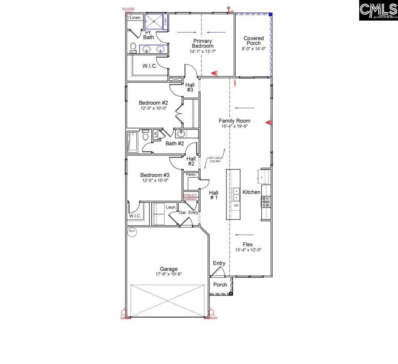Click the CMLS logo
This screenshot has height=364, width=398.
pos(378,10)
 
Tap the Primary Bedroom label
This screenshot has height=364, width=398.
pos(202,44)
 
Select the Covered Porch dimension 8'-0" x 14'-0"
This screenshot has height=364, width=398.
pos(254,49)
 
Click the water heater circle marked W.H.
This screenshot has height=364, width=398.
pos(132,232)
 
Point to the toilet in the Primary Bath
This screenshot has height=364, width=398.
pos(133,48)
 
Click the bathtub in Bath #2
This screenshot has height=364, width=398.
pos(133,142)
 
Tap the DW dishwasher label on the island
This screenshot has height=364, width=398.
pos(236,206)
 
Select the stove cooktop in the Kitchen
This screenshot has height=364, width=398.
pos(266,201)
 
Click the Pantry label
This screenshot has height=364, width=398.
pos(191,175)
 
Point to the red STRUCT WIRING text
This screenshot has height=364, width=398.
pos(191,197)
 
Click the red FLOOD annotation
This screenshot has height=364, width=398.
pos(128,9)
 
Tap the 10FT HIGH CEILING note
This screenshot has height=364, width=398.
pos(215,160)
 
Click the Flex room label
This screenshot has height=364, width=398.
pos(248,245)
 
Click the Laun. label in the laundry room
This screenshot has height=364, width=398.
pos(171,207)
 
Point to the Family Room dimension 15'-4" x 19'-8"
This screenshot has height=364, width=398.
pos(234,126)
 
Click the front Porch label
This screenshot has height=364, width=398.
pos(220,285)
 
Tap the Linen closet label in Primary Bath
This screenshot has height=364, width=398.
pos(135,18)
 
